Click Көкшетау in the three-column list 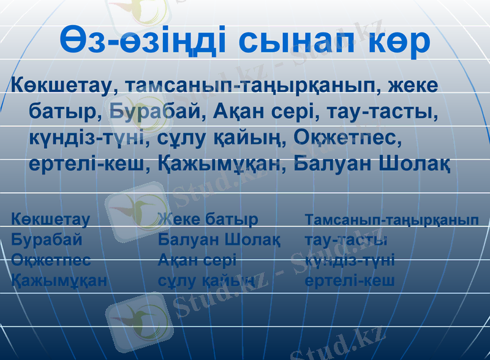coord(51,219)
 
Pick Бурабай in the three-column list coord(47,239)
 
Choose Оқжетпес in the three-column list coord(51,260)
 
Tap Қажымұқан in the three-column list coord(59,280)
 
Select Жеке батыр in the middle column coord(208,219)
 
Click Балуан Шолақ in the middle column coord(219,239)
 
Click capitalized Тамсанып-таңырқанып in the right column coord(392,219)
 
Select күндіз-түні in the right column coord(350,260)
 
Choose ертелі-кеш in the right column coord(350,280)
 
